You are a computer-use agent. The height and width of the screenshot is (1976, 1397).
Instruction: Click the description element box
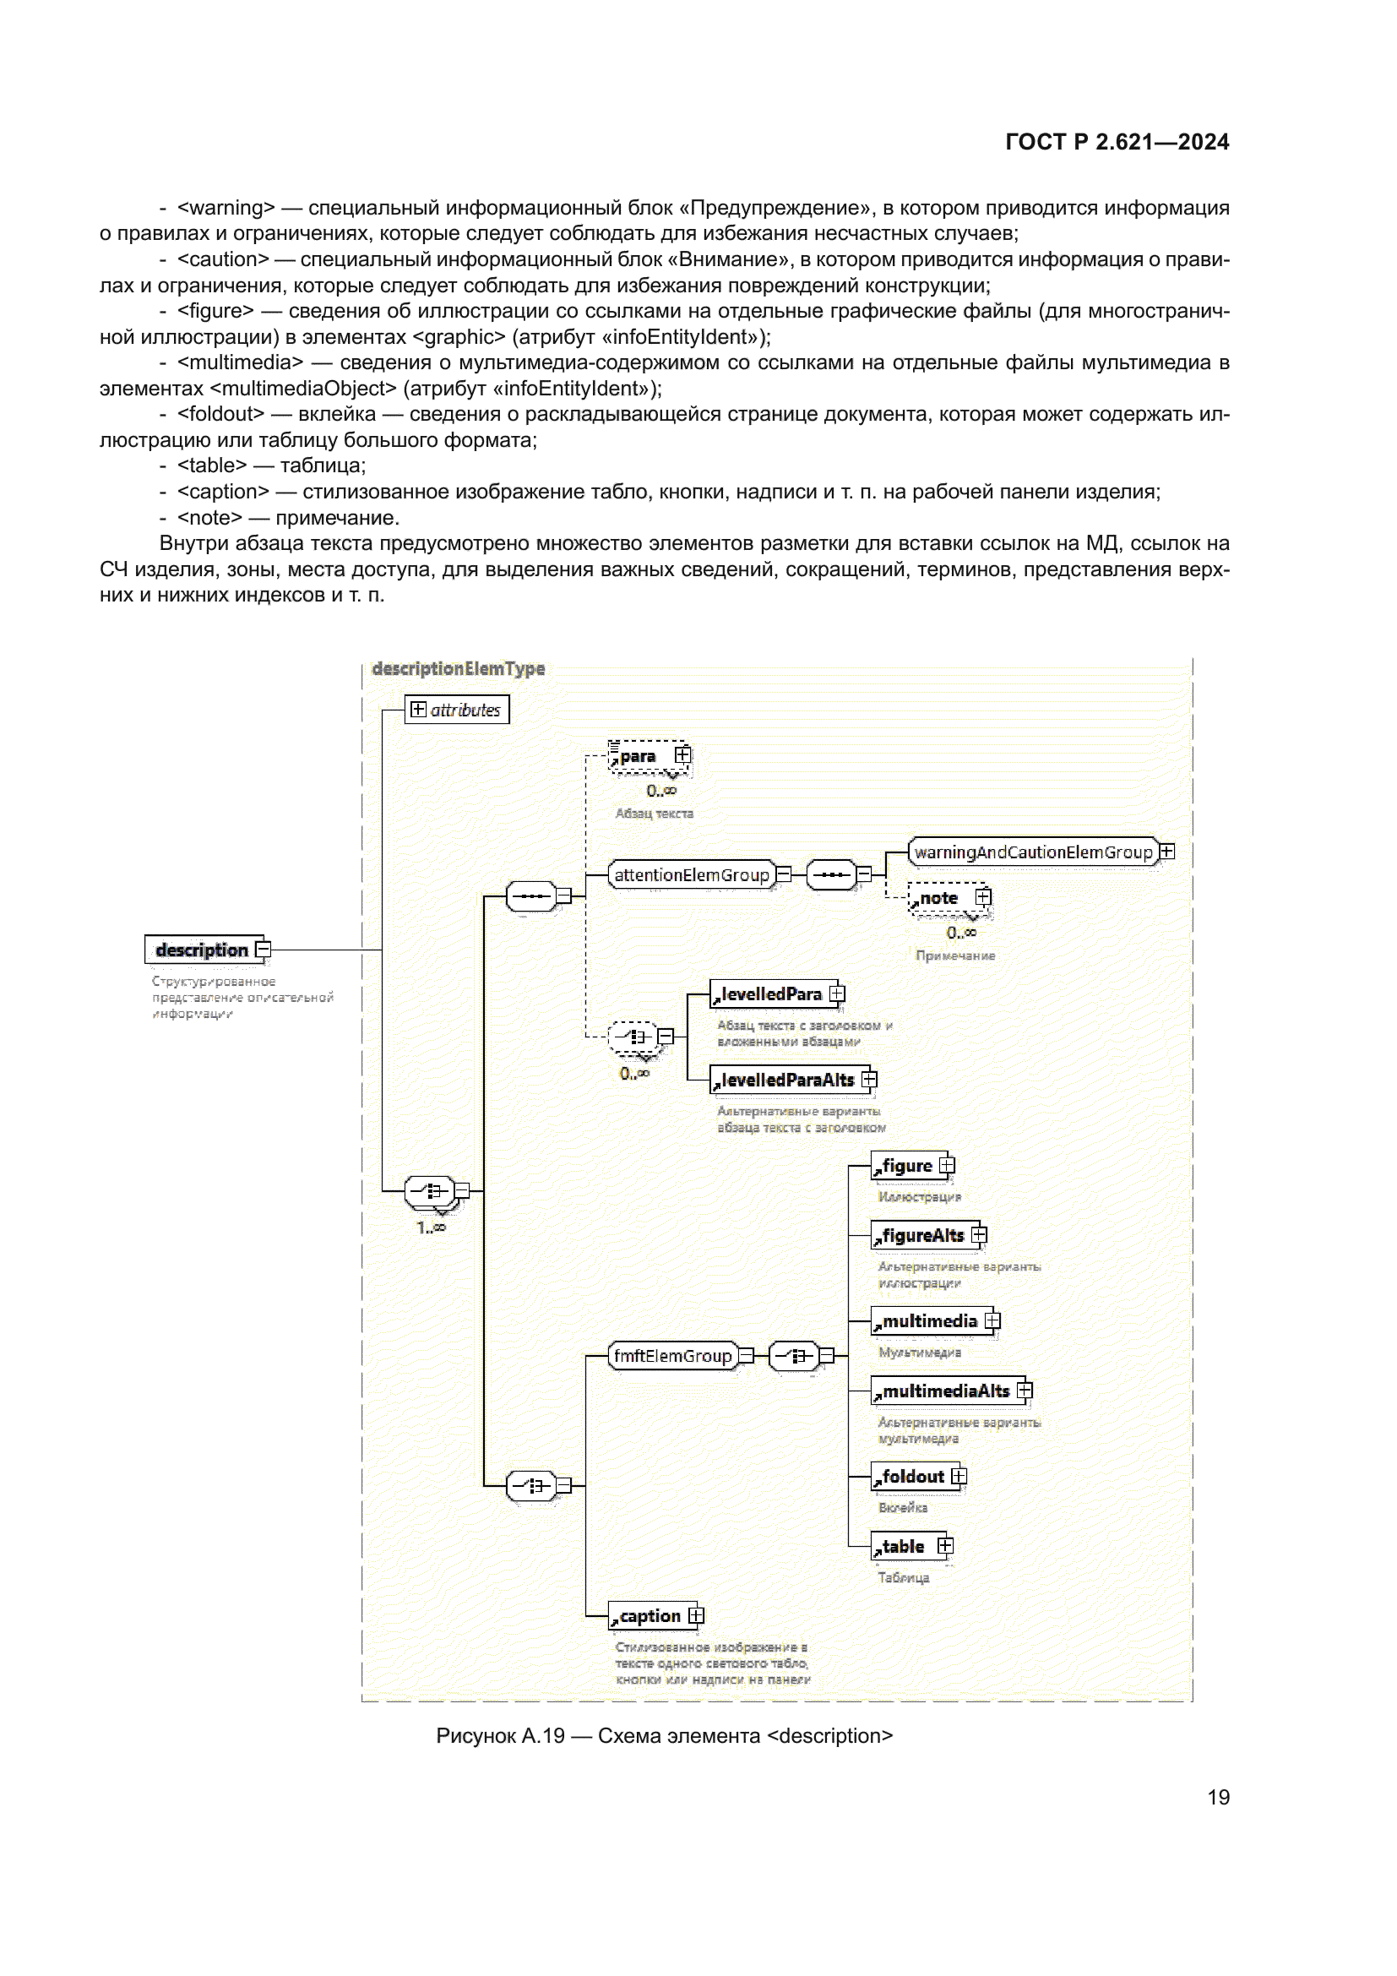coord(203,950)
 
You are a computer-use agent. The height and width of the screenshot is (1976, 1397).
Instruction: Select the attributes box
coord(457,709)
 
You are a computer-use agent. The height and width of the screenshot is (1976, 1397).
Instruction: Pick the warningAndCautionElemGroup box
coord(1032,852)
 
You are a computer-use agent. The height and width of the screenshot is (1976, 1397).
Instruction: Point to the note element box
coord(941,898)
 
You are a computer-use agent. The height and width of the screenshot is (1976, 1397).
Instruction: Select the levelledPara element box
coord(771,994)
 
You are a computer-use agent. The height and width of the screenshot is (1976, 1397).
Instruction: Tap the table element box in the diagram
coord(904,1546)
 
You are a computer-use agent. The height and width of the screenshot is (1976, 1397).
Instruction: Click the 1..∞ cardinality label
coord(431,1228)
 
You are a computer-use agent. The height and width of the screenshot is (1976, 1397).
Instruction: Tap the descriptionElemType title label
coord(458,668)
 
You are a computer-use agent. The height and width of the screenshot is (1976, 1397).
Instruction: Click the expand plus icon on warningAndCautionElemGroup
coord(1166,851)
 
